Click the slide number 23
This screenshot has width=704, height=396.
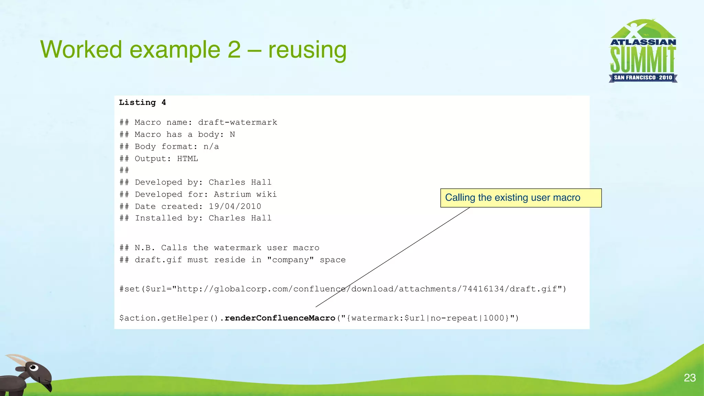coord(690,378)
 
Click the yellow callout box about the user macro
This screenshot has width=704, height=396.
coord(520,198)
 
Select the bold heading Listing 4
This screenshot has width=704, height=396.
coord(142,102)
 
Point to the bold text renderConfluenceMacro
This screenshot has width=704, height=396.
coord(280,318)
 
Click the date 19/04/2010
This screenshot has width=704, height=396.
coord(235,206)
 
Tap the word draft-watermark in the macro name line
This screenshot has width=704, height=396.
coord(238,122)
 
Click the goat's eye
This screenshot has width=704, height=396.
coord(33,367)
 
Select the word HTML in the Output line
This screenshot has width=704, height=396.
coord(187,158)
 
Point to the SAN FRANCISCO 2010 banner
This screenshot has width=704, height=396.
coord(643,78)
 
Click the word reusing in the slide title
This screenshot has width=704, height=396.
coord(307,49)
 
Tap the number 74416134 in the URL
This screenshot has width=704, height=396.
coord(483,289)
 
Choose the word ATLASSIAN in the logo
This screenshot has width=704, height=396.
coord(643,42)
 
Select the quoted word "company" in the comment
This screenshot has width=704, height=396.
coord(290,260)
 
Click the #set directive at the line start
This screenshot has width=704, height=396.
coord(129,289)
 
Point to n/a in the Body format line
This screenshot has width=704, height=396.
coord(211,147)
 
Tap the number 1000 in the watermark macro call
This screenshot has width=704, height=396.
coord(494,318)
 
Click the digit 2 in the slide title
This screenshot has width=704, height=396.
coord(234,49)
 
